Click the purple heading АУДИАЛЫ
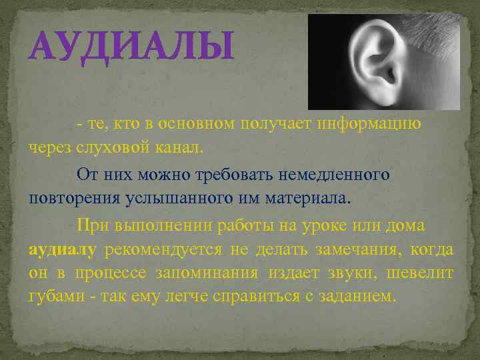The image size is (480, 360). click(x=131, y=46)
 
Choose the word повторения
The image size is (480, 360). click(x=70, y=199)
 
